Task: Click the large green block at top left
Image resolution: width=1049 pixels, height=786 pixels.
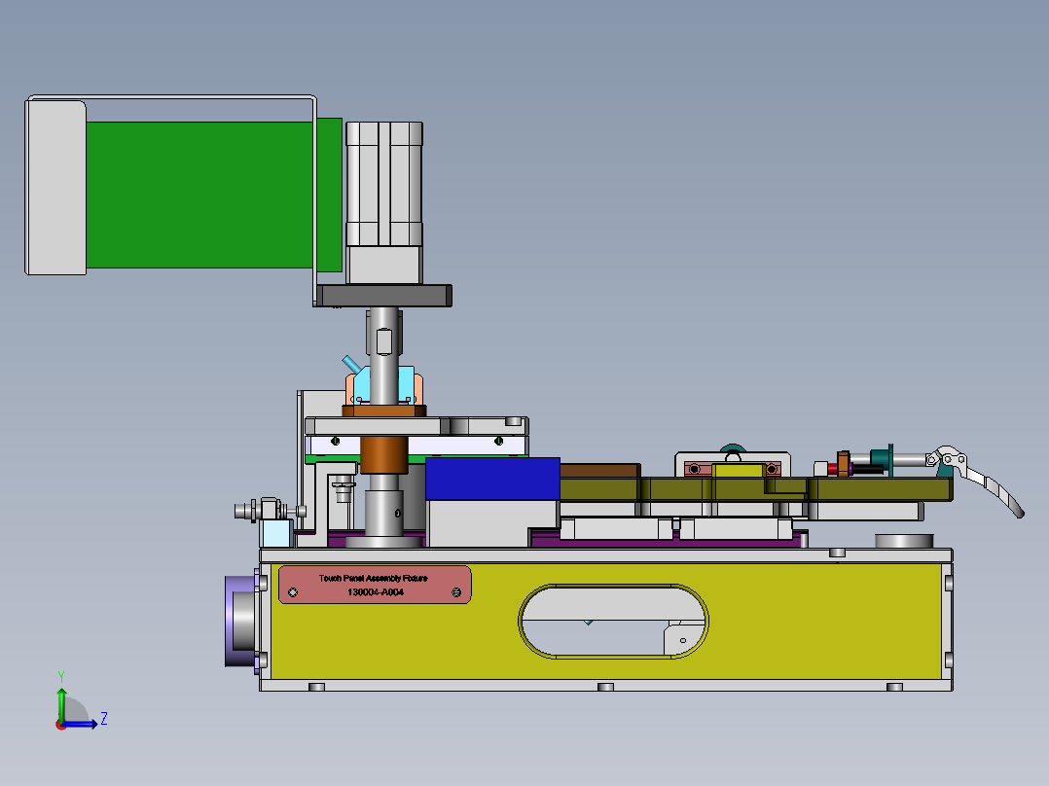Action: click(199, 195)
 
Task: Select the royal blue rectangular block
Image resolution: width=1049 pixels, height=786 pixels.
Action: click(492, 479)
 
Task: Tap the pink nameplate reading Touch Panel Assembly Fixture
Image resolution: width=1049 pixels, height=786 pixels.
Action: click(375, 585)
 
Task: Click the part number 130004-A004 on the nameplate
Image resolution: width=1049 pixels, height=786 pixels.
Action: click(376, 592)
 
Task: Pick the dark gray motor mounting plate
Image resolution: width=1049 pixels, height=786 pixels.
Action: click(383, 296)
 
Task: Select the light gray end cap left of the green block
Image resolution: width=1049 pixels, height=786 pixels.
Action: click(55, 188)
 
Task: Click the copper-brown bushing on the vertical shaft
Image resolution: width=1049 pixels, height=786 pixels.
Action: click(384, 454)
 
